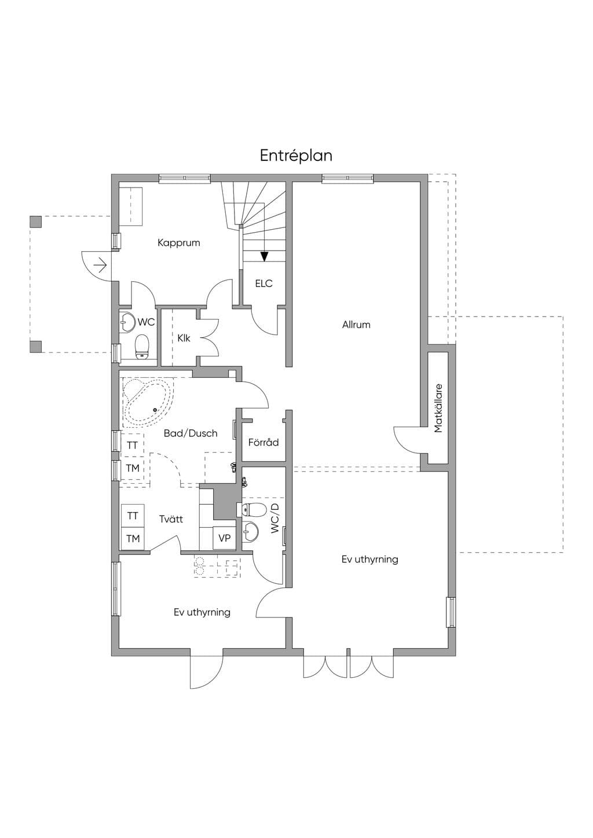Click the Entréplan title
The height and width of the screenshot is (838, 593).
click(296, 156)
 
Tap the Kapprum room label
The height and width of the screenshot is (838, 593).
click(178, 243)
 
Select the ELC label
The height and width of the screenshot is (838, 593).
click(263, 284)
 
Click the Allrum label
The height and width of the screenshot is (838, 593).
click(356, 325)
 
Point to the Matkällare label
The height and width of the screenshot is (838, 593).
click(438, 408)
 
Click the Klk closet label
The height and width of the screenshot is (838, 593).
click(184, 338)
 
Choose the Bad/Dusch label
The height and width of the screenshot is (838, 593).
click(191, 433)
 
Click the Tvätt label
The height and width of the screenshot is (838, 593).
click(171, 519)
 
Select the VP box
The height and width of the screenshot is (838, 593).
click(224, 538)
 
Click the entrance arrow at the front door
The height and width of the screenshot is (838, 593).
click(100, 266)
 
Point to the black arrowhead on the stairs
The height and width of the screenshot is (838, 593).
click(265, 256)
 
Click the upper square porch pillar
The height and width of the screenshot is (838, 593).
click(35, 222)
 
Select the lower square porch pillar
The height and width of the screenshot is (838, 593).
click(35, 347)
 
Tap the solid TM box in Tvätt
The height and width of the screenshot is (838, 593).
click(133, 539)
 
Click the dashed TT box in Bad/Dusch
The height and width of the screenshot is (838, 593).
click(132, 445)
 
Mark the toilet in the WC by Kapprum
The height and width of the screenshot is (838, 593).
click(142, 347)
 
